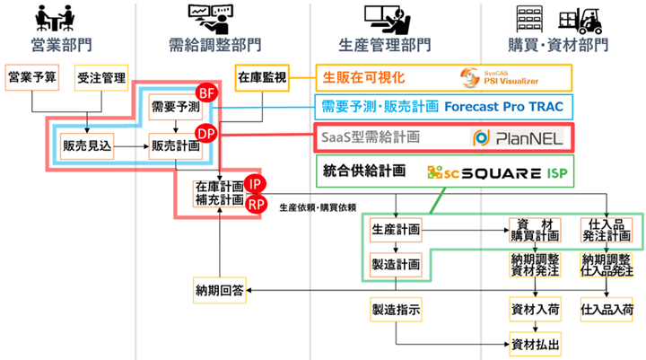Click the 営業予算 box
[x=31, y=78]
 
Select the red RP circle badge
[x=255, y=203]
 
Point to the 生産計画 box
[x=395, y=230]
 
